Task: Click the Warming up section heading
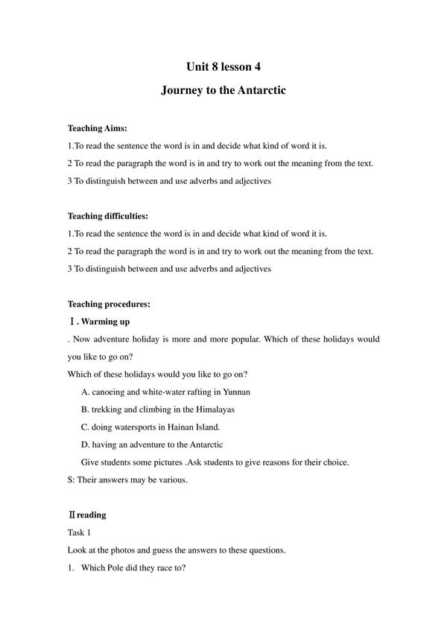click(105, 322)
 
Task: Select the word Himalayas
click(222, 409)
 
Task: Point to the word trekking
click(109, 409)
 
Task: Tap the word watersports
click(143, 427)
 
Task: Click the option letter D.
click(84, 445)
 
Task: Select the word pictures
click(195, 462)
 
